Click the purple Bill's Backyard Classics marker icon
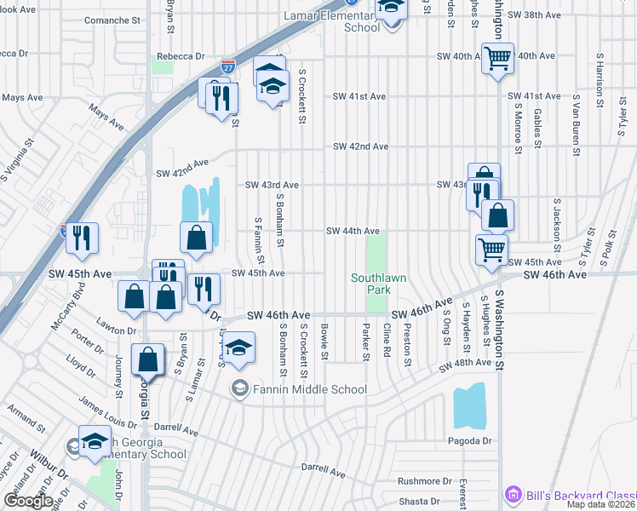(x=513, y=495)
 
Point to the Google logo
(x=28, y=501)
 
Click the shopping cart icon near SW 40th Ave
(x=497, y=59)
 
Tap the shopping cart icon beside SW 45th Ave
(x=491, y=250)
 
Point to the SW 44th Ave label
(x=353, y=232)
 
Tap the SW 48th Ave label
(x=466, y=364)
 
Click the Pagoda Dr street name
(x=470, y=441)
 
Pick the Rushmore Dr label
(x=424, y=481)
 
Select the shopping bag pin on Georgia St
(x=148, y=360)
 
